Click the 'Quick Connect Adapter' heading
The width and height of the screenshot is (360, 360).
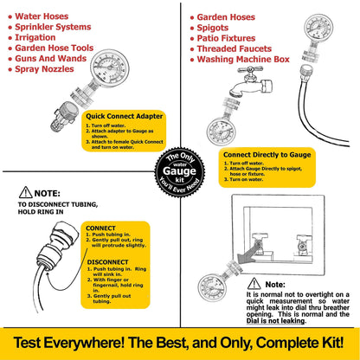(x=123, y=114)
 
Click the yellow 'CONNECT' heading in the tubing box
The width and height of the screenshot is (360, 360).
(x=102, y=228)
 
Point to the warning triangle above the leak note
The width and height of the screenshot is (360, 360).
(x=252, y=283)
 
